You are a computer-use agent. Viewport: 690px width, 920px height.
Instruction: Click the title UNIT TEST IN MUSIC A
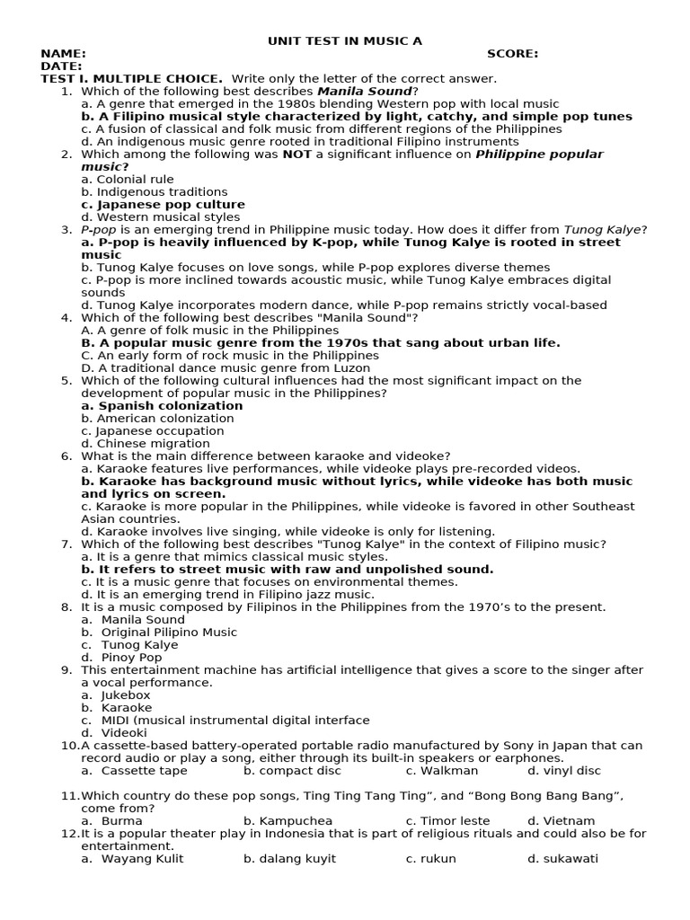344,40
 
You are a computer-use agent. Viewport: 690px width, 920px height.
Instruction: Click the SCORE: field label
512,53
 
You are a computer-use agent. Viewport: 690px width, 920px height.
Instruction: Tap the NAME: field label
63,53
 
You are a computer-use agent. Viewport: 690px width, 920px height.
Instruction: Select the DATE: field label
61,66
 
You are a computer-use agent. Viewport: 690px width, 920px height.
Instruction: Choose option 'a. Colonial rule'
127,179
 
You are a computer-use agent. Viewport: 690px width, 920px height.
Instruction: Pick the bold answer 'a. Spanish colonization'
162,405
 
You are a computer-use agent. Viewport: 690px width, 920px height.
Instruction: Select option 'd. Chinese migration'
139,443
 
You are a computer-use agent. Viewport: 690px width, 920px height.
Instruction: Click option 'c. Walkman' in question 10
441,770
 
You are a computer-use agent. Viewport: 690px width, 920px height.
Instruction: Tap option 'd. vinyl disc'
563,770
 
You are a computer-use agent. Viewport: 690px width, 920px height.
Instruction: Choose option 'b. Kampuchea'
287,820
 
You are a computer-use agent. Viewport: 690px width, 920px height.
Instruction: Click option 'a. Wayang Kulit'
132,858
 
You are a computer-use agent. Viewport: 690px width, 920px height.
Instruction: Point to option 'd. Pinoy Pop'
121,657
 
